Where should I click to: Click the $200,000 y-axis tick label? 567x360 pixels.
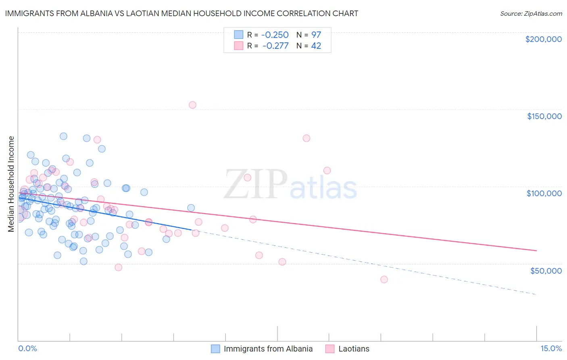pyautogui.click(x=543, y=39)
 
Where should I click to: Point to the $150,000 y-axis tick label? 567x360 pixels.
pyautogui.click(x=544, y=116)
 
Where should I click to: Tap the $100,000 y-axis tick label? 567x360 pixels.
pyautogui.click(x=544, y=193)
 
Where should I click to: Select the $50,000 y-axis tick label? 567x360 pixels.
pyautogui.click(x=546, y=270)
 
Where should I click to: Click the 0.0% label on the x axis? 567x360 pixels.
pyautogui.click(x=27, y=349)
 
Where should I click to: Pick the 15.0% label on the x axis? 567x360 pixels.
pyautogui.click(x=551, y=349)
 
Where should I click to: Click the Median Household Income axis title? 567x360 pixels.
pyautogui.click(x=11, y=184)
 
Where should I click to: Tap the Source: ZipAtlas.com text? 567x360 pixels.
pyautogui.click(x=531, y=14)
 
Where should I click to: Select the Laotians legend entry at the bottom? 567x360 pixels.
pyautogui.click(x=354, y=349)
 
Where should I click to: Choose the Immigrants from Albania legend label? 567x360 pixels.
pyautogui.click(x=268, y=349)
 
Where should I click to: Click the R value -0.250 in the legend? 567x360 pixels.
pyautogui.click(x=275, y=35)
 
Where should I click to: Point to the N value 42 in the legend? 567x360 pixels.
pyautogui.click(x=316, y=46)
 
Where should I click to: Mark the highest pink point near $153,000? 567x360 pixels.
pyautogui.click(x=192, y=105)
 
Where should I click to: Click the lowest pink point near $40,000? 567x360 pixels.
pyautogui.click(x=384, y=280)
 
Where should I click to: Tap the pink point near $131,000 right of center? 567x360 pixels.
pyautogui.click(x=306, y=138)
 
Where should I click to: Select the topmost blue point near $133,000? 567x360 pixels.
pyautogui.click(x=63, y=136)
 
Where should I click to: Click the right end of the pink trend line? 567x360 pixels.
pyautogui.click(x=536, y=251)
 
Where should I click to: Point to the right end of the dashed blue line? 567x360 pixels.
pyautogui.click(x=536, y=295)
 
